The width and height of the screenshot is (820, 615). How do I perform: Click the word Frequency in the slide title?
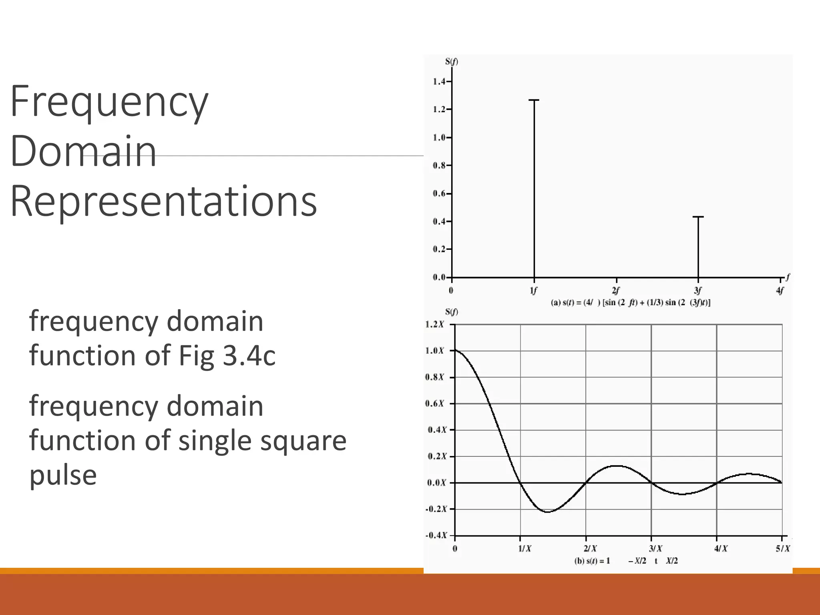(x=109, y=102)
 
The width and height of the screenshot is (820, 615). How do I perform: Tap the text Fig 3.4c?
(x=227, y=356)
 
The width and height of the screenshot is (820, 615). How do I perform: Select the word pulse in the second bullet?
(x=63, y=475)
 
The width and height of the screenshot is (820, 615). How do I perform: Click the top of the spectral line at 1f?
(x=534, y=100)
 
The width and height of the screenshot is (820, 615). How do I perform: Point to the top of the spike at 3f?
(x=698, y=217)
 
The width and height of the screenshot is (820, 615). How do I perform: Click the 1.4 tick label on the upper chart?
(x=439, y=82)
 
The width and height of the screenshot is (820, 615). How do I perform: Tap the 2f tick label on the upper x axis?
(x=616, y=291)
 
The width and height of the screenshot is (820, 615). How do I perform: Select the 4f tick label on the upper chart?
(x=780, y=291)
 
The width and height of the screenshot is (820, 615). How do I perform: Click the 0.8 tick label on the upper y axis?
(x=439, y=165)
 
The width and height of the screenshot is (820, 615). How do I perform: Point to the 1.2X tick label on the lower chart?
(x=434, y=324)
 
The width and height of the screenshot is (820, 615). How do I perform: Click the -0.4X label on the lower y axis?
(x=436, y=535)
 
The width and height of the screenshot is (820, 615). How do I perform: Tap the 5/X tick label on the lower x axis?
(x=783, y=549)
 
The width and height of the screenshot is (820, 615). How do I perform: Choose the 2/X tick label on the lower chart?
(x=590, y=549)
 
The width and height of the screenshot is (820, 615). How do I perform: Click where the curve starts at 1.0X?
(x=456, y=351)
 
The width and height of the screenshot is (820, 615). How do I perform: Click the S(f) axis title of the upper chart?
(x=451, y=62)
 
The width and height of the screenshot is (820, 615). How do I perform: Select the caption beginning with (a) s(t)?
(x=630, y=303)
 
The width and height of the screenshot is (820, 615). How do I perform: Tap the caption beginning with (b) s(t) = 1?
(x=626, y=561)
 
